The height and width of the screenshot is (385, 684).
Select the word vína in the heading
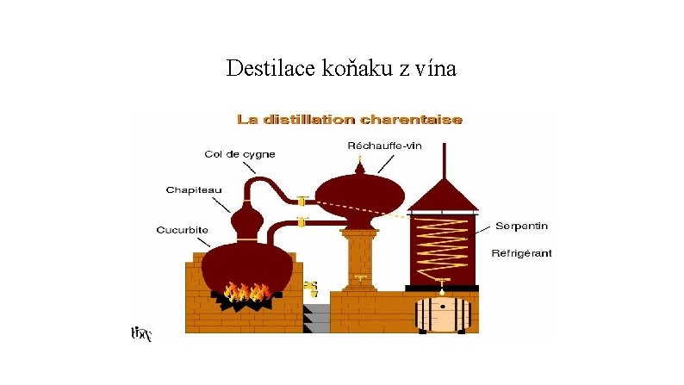coord(437,67)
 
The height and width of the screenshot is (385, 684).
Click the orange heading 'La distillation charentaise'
coord(350,120)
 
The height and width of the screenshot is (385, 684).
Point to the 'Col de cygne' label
coord(239,154)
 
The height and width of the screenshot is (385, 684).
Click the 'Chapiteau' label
coord(191,190)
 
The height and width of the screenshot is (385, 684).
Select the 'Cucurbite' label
coord(183,230)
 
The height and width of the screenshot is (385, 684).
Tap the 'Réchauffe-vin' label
coord(384,146)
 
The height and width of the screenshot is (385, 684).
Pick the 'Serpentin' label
coord(521,226)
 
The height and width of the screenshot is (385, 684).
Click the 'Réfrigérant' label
coord(521,253)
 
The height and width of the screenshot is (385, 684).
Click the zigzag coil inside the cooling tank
coord(441,241)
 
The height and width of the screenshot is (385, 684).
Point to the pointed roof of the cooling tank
coord(442,193)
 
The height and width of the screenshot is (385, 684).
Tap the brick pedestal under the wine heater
coord(359,258)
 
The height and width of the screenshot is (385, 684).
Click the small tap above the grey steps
coord(312,289)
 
